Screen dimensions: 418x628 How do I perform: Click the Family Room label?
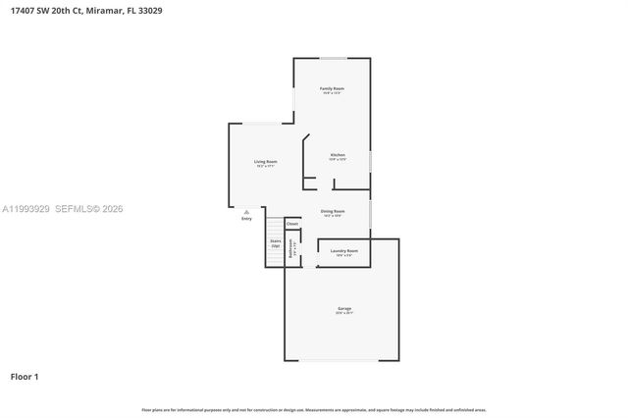[332, 88]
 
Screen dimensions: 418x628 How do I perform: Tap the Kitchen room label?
[338, 155]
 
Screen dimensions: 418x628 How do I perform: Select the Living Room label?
[265, 161]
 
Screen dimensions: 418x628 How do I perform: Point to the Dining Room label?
[332, 211]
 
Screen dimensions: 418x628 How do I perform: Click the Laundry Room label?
[343, 251]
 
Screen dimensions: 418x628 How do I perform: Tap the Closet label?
[292, 224]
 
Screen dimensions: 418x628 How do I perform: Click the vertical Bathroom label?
[290, 248]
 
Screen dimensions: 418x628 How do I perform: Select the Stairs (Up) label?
[275, 242]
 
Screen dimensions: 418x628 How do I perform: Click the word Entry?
[246, 219]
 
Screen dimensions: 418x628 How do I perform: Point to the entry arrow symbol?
[246, 211]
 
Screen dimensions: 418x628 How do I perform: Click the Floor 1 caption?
[25, 376]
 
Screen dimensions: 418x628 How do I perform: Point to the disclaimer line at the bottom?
[314, 409]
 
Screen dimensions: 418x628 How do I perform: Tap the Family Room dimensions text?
[332, 94]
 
